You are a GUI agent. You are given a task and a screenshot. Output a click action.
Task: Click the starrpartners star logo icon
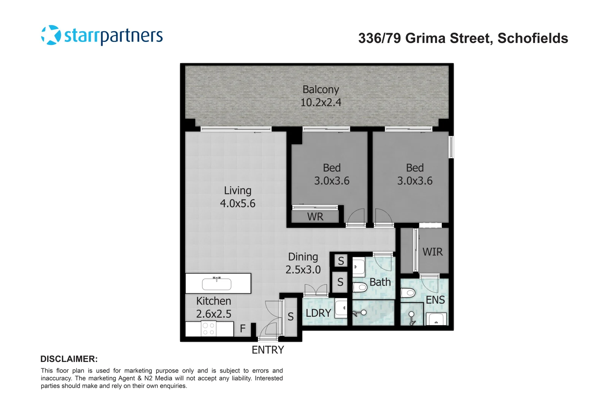(x=51, y=35)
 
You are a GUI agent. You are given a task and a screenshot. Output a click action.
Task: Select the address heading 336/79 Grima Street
(x=463, y=38)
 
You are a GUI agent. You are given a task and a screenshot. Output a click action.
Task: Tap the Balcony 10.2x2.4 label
(x=321, y=96)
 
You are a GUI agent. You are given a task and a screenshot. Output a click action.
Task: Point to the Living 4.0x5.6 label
(x=238, y=197)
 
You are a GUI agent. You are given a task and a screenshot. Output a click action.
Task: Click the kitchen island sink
(x=217, y=284)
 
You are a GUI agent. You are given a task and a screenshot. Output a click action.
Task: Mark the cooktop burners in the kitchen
(x=208, y=329)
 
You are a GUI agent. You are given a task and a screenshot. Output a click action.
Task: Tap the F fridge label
(x=243, y=328)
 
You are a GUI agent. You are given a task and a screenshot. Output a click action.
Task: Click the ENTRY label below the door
(x=268, y=350)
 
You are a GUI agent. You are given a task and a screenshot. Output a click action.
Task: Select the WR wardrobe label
(x=315, y=217)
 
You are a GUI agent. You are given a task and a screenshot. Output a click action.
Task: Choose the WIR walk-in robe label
(x=432, y=252)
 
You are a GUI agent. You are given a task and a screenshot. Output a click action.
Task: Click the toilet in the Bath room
(x=359, y=287)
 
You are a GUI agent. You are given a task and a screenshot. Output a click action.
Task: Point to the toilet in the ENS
(x=408, y=293)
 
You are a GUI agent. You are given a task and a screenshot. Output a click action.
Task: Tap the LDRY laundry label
(x=318, y=313)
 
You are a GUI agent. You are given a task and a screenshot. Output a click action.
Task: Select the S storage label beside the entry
(x=291, y=317)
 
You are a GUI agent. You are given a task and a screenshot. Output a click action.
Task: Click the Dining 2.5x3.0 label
(x=303, y=263)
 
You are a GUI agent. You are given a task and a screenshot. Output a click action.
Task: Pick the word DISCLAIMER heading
(x=69, y=359)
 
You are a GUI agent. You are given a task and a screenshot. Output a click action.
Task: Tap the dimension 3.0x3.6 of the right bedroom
(x=414, y=181)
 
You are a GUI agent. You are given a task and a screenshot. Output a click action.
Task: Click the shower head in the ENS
(x=411, y=315)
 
